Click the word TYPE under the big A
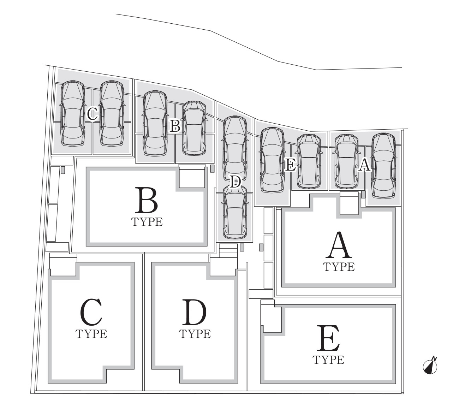point(339,267)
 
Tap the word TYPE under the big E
point(328,360)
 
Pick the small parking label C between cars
point(92,114)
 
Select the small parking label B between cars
point(175,126)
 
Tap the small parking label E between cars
point(290,165)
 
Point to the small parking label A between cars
point(364,165)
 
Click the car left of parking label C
point(73,113)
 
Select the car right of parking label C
point(112,113)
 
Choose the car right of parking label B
point(194,128)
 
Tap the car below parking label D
point(236,212)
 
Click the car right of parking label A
point(384,165)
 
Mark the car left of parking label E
point(272,160)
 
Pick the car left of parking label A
point(346,162)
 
